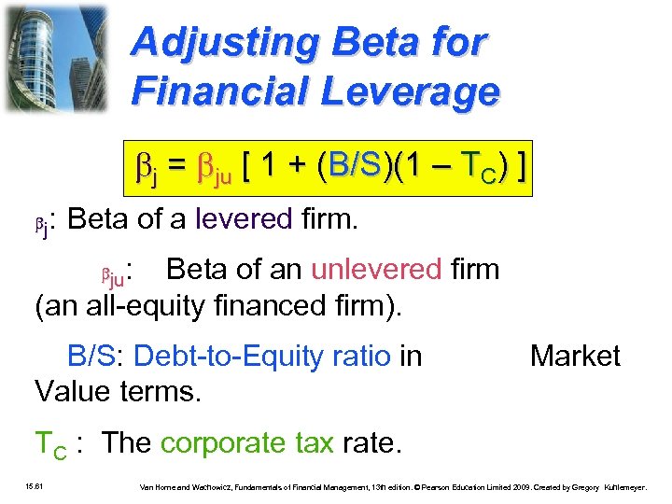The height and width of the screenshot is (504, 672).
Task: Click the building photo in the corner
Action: click(x=55, y=58)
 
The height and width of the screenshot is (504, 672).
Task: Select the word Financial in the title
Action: click(x=221, y=91)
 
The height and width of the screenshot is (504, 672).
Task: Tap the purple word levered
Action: click(x=244, y=220)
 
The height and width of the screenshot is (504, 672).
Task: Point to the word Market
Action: click(x=575, y=356)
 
